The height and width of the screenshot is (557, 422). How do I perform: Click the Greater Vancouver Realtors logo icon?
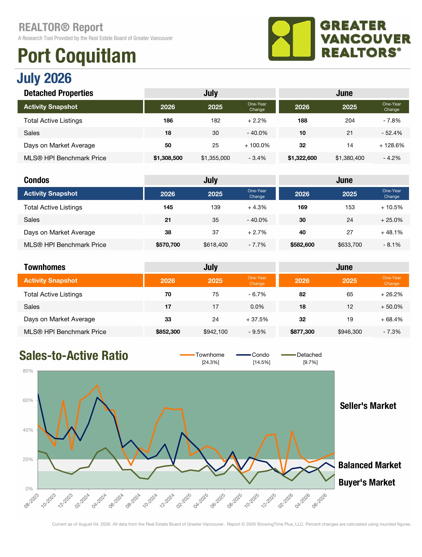pos(291,39)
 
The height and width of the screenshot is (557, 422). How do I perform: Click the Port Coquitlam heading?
pos(77,56)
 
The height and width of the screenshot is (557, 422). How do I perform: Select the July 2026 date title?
pos(44,78)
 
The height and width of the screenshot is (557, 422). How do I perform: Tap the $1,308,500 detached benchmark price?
pos(168,158)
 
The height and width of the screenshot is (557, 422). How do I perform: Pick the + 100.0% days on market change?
pos(257,145)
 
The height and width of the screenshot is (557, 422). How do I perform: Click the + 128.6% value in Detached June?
pos(392,145)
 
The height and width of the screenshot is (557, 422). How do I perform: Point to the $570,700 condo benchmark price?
pos(168,245)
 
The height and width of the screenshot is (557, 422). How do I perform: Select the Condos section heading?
pos(37,180)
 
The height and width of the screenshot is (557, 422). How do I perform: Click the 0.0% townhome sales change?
pos(257,307)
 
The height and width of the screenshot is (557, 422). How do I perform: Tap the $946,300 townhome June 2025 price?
pos(350,332)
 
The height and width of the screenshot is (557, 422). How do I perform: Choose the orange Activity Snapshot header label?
pos(50,280)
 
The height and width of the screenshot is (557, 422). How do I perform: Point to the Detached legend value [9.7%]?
pos(310,362)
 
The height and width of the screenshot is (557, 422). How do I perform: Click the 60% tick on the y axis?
pos(28,400)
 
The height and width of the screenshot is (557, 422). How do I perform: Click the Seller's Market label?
pos(368,406)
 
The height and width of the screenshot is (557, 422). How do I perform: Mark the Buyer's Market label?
pos(367,482)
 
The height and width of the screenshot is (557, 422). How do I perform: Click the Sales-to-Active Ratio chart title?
pos(74,356)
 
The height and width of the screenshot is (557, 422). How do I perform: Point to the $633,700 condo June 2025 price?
pos(350,245)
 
